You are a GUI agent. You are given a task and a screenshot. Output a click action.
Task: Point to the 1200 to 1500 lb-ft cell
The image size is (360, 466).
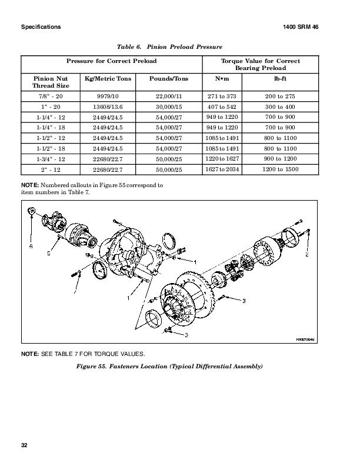coord(281,169)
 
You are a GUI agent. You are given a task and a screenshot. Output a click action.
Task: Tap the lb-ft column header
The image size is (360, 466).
coord(281,78)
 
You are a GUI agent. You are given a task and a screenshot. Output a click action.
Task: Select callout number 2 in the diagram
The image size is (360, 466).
coord(306,255)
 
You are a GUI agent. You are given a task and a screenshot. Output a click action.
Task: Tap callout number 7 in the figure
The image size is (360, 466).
coord(75,291)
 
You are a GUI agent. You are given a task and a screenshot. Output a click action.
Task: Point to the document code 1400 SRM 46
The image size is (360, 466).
coord(316,27)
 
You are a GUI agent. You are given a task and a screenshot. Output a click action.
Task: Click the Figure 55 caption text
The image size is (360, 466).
coord(169,366)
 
